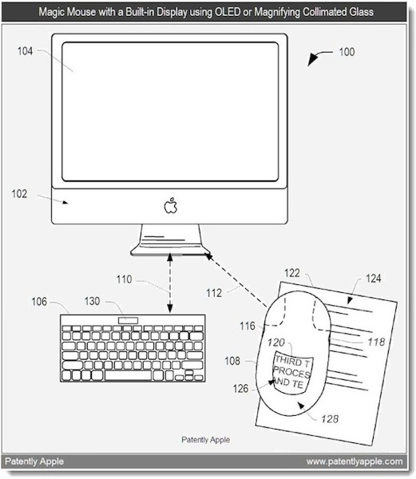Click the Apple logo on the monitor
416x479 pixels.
click(171, 205)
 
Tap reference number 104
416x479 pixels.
click(25, 51)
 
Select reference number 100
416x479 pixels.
click(347, 52)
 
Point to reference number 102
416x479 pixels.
click(19, 194)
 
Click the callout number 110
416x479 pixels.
click(124, 279)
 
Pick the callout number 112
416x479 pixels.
click(214, 293)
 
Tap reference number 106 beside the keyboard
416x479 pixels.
click(39, 302)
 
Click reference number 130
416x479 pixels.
click(92, 301)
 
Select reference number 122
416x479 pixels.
click(292, 273)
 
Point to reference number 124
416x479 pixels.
click(373, 279)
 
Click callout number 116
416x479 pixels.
click(248, 326)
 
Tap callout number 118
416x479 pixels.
click(376, 342)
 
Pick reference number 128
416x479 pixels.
click(330, 418)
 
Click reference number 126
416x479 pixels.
click(240, 389)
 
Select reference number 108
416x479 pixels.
click(232, 361)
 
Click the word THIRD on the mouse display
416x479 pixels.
click(288, 361)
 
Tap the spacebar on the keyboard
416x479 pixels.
click(129, 375)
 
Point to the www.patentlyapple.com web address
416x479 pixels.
click(355, 461)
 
